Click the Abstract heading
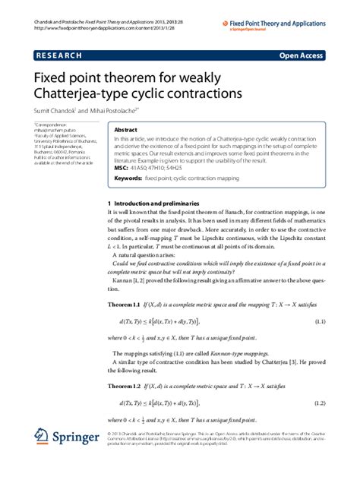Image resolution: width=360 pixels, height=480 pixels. (x=125, y=130)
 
